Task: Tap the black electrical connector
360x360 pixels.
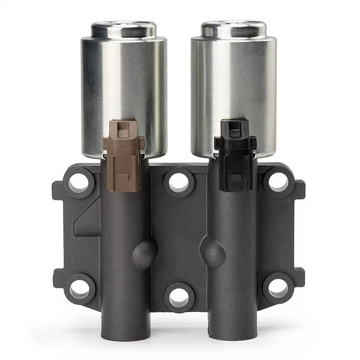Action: (235, 153)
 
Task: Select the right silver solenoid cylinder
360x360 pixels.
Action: (233, 84)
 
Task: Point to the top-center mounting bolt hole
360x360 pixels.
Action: (179, 182)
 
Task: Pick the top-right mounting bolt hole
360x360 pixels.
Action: (278, 182)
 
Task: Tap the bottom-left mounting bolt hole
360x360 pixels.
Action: (80, 288)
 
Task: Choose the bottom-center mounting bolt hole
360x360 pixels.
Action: (179, 296)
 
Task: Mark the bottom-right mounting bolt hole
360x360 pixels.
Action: (278, 288)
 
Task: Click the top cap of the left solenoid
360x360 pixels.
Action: (124, 28)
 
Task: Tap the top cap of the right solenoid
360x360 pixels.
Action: (233, 28)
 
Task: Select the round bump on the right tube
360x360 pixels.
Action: (212, 254)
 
